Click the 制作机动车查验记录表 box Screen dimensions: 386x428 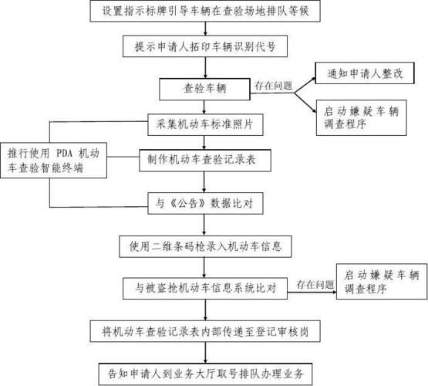click(x=205, y=160)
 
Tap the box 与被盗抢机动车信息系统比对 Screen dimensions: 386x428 click(x=202, y=288)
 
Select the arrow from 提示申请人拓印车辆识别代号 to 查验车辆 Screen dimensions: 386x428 click(x=206, y=68)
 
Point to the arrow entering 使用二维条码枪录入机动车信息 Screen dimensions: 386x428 click(x=206, y=230)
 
